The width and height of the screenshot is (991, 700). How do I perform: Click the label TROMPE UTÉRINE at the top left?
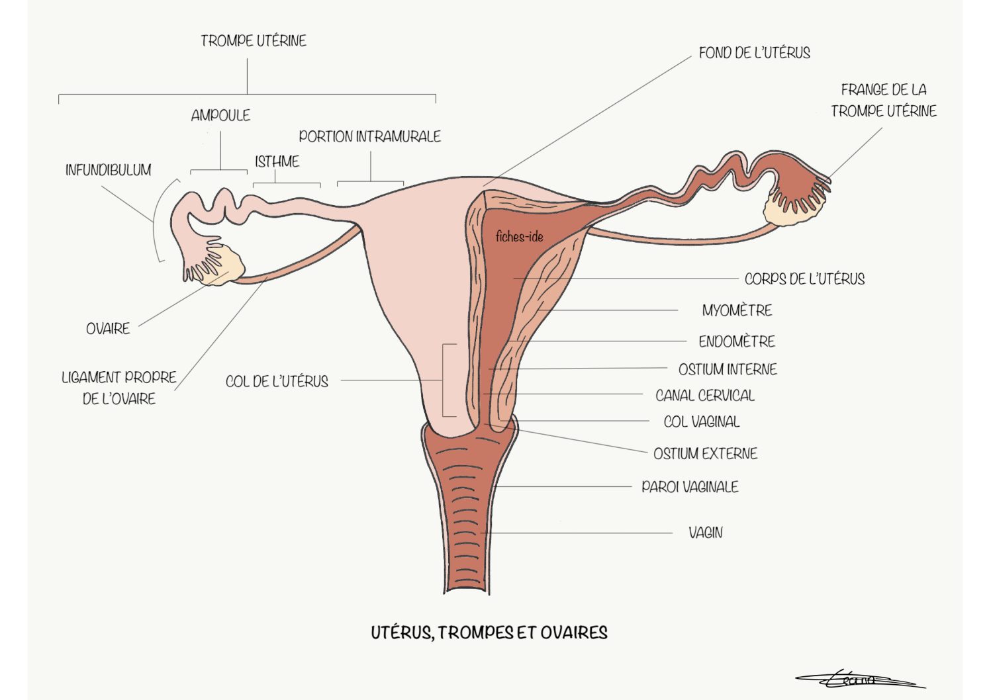(254, 40)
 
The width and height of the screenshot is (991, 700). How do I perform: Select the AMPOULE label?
(220, 115)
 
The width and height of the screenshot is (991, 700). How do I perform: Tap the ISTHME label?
(277, 161)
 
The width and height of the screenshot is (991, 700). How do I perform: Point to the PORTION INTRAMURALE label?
(370, 136)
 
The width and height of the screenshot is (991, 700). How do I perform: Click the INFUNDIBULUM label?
(109, 170)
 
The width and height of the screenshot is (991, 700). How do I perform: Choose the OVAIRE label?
(108, 329)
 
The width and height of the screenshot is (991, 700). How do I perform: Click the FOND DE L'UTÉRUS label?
(754, 53)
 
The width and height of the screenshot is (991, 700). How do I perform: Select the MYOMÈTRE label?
(737, 310)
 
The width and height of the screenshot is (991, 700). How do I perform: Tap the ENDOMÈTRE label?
(737, 341)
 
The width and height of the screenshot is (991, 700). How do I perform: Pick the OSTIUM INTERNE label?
(728, 369)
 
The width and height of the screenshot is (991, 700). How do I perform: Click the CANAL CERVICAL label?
(705, 396)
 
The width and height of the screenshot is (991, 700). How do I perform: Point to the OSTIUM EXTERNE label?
(706, 453)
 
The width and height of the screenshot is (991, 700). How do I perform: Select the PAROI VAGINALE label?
(690, 487)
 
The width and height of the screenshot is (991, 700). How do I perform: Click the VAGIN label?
(706, 533)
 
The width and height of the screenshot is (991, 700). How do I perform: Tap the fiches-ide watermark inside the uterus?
(520, 237)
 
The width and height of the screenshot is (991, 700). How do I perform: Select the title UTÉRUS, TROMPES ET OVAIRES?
(489, 633)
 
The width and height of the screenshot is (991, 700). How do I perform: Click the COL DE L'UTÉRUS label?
(277, 381)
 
